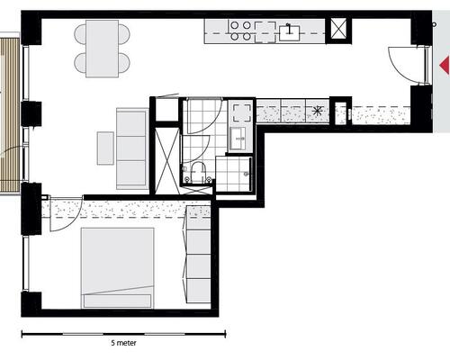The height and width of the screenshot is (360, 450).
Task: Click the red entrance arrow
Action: pyautogui.click(x=445, y=65)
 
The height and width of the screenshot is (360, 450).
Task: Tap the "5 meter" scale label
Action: pyautogui.click(x=123, y=343)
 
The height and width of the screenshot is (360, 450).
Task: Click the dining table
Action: pyautogui.click(x=102, y=49)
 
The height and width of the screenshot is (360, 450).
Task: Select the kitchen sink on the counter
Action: pyautogui.click(x=289, y=33)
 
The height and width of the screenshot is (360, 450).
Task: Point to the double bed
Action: pyautogui.click(x=117, y=268)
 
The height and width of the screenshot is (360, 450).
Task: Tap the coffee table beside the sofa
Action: pyautogui.click(x=105, y=148)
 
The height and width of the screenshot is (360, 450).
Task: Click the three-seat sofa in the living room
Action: pyautogui.click(x=132, y=148)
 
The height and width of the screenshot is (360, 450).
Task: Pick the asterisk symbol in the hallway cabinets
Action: pyautogui.click(x=317, y=112)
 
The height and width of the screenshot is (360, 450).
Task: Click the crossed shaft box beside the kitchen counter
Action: pyautogui.click(x=338, y=29)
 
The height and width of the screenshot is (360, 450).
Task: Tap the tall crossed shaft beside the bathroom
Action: pyautogui.click(x=167, y=160)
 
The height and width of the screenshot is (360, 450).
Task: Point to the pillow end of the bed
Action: pyautogui.click(x=117, y=301)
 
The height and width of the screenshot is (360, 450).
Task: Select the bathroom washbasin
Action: pyautogui.click(x=238, y=139)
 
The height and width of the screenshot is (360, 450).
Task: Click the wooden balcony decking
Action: pyautogui.click(x=11, y=114)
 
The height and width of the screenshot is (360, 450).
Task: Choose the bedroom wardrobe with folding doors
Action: pyautogui.click(x=198, y=254)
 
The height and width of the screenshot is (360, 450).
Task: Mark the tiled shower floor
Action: pyautogui.click(x=234, y=174)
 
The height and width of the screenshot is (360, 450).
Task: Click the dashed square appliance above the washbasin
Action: pyautogui.click(x=242, y=112)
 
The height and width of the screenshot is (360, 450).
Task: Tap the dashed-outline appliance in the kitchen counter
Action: pyautogui.click(x=265, y=32)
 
